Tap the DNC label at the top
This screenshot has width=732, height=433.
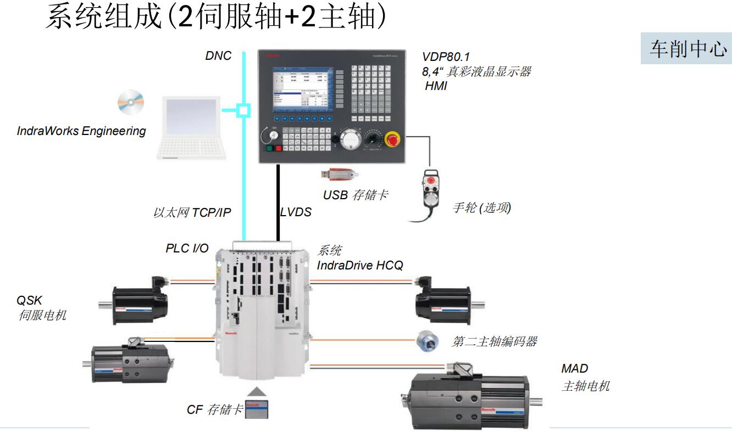coord(218,55)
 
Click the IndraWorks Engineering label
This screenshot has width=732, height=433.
coord(81,131)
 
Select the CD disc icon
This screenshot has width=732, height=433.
coord(131,103)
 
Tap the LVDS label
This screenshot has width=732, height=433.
coord(296,212)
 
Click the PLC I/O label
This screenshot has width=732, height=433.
coord(187,248)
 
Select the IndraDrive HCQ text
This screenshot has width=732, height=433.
coord(360,266)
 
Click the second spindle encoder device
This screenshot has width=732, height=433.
coord(427,341)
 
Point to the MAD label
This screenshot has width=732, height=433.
coord(574,369)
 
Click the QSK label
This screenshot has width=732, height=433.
coord(29,300)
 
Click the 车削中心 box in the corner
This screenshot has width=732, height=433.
coord(686,48)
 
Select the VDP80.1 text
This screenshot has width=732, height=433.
coord(446,57)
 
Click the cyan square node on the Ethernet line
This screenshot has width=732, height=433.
coord(243,110)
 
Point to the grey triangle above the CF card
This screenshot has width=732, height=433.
coord(258,392)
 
